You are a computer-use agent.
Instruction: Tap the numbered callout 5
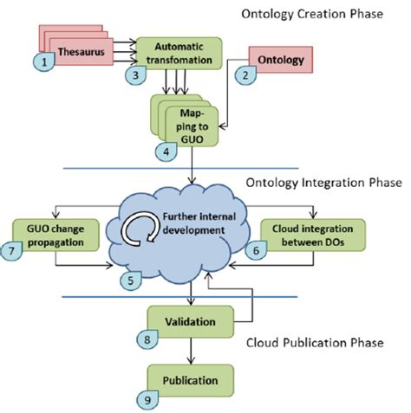point(128,281)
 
